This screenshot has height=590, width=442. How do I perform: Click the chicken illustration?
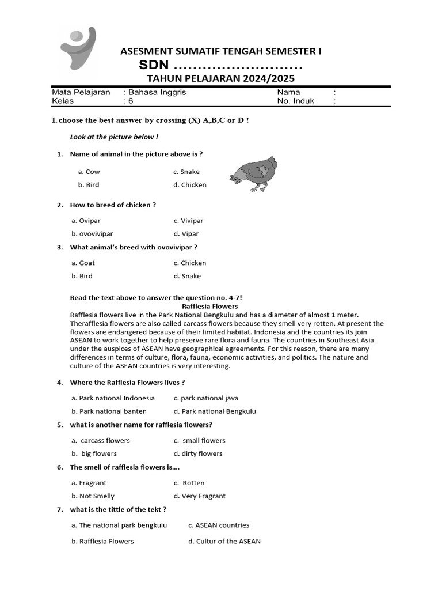coord(253,174)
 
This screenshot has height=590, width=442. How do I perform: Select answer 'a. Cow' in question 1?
coord(89,172)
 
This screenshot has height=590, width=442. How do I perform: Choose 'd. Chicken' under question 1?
coord(189,185)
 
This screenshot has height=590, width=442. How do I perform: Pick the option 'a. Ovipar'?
coord(86,221)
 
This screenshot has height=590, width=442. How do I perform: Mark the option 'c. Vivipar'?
coord(188,221)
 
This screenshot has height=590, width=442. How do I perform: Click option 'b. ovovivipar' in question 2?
coord(92,234)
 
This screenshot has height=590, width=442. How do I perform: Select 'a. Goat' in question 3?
coord(83,263)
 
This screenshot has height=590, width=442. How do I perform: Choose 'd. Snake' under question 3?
coord(187,276)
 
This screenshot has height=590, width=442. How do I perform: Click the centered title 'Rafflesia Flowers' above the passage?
coord(209,307)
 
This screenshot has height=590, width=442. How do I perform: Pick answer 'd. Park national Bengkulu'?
coord(214,411)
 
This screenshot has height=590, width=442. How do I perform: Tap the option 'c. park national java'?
coord(205,398)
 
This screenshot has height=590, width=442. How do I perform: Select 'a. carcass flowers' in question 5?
coord(101,440)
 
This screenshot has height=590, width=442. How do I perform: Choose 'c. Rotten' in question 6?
coord(189,483)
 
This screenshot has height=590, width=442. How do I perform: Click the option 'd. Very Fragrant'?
coord(199,496)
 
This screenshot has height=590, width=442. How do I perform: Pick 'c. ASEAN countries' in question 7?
coord(219,525)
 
